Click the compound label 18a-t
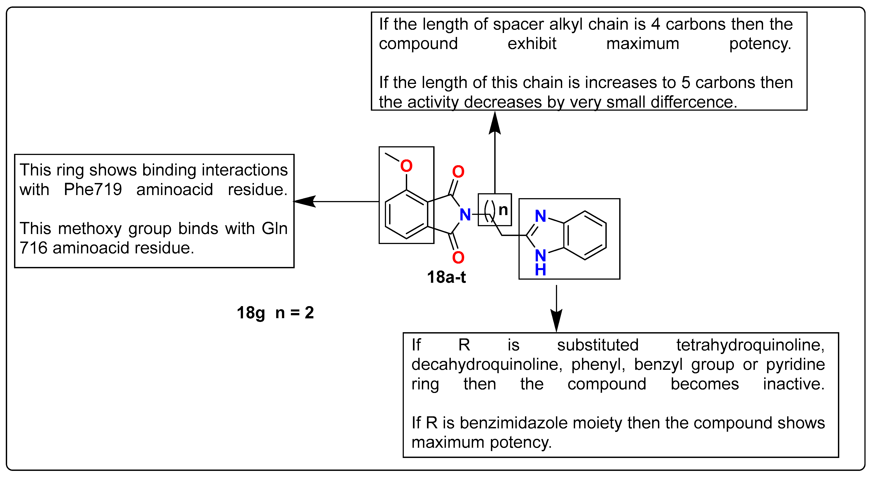(x=446, y=277)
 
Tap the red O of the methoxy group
(x=406, y=166)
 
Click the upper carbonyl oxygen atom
(x=458, y=172)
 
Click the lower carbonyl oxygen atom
(x=458, y=258)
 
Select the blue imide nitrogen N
(x=465, y=215)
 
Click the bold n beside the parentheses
(x=503, y=210)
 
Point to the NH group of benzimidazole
(x=541, y=262)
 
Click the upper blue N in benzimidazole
(x=541, y=216)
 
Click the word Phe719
(x=93, y=189)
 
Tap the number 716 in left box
(x=33, y=248)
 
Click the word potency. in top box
(x=760, y=44)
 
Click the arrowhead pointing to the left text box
(x=304, y=202)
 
